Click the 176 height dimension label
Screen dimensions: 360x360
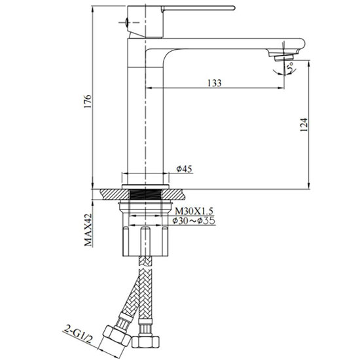[87, 101]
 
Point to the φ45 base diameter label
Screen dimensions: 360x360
[184, 170]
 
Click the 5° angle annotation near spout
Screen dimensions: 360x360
[289, 65]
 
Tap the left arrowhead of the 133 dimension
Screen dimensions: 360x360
[145, 88]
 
